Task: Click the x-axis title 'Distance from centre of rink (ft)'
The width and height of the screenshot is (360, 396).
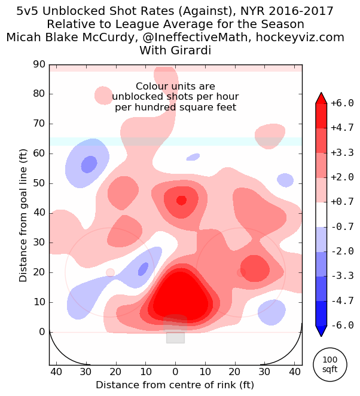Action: point(175,384)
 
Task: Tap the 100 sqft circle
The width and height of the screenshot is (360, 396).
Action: point(330,364)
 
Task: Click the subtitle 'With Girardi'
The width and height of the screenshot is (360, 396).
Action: point(175,50)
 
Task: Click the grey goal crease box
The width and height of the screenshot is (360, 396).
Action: point(175,330)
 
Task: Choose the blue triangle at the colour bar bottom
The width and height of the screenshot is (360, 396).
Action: point(321,330)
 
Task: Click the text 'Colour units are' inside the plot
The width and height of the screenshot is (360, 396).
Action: point(175,87)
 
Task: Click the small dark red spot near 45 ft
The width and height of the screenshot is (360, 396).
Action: point(181,200)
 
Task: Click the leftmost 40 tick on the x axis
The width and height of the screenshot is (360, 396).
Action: point(56,372)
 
